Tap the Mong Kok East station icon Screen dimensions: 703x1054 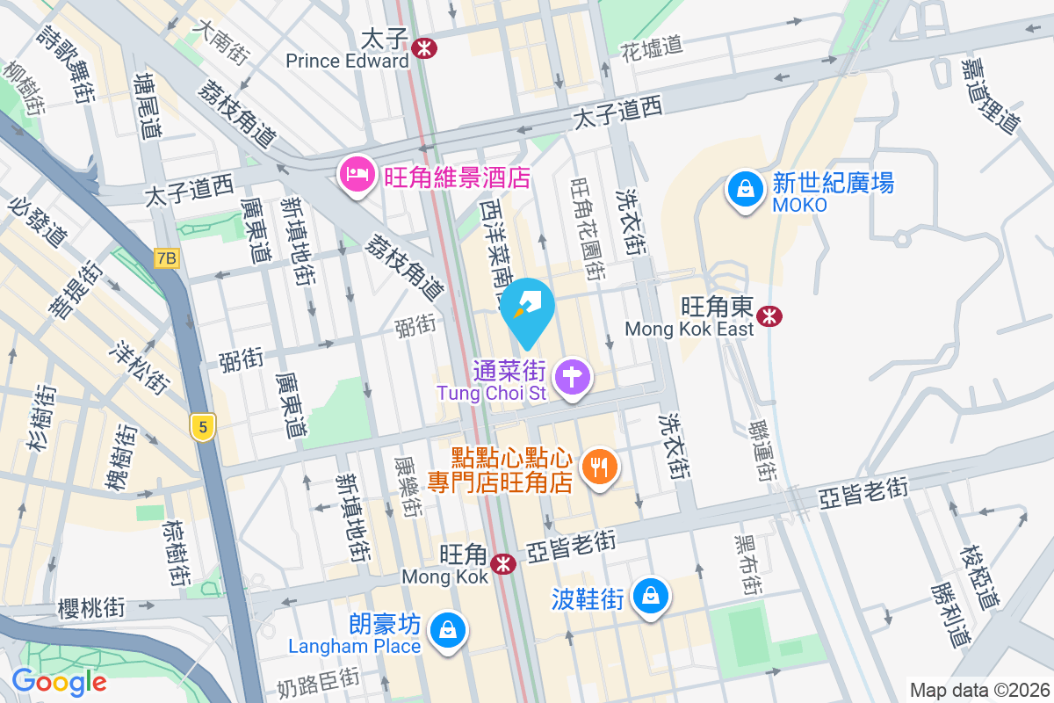click(x=770, y=315)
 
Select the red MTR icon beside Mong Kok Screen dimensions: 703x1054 click(x=503, y=564)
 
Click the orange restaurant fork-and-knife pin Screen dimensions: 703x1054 click(x=601, y=466)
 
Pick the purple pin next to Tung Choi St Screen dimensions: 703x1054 click(x=573, y=378)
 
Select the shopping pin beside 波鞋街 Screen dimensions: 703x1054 click(x=651, y=596)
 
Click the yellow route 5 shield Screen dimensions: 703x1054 click(x=203, y=428)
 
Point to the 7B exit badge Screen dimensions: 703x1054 click(x=166, y=258)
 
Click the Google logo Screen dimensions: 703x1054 click(x=59, y=681)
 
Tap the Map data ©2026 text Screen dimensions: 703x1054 click(x=978, y=691)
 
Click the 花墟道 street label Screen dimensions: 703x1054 click(x=651, y=46)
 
